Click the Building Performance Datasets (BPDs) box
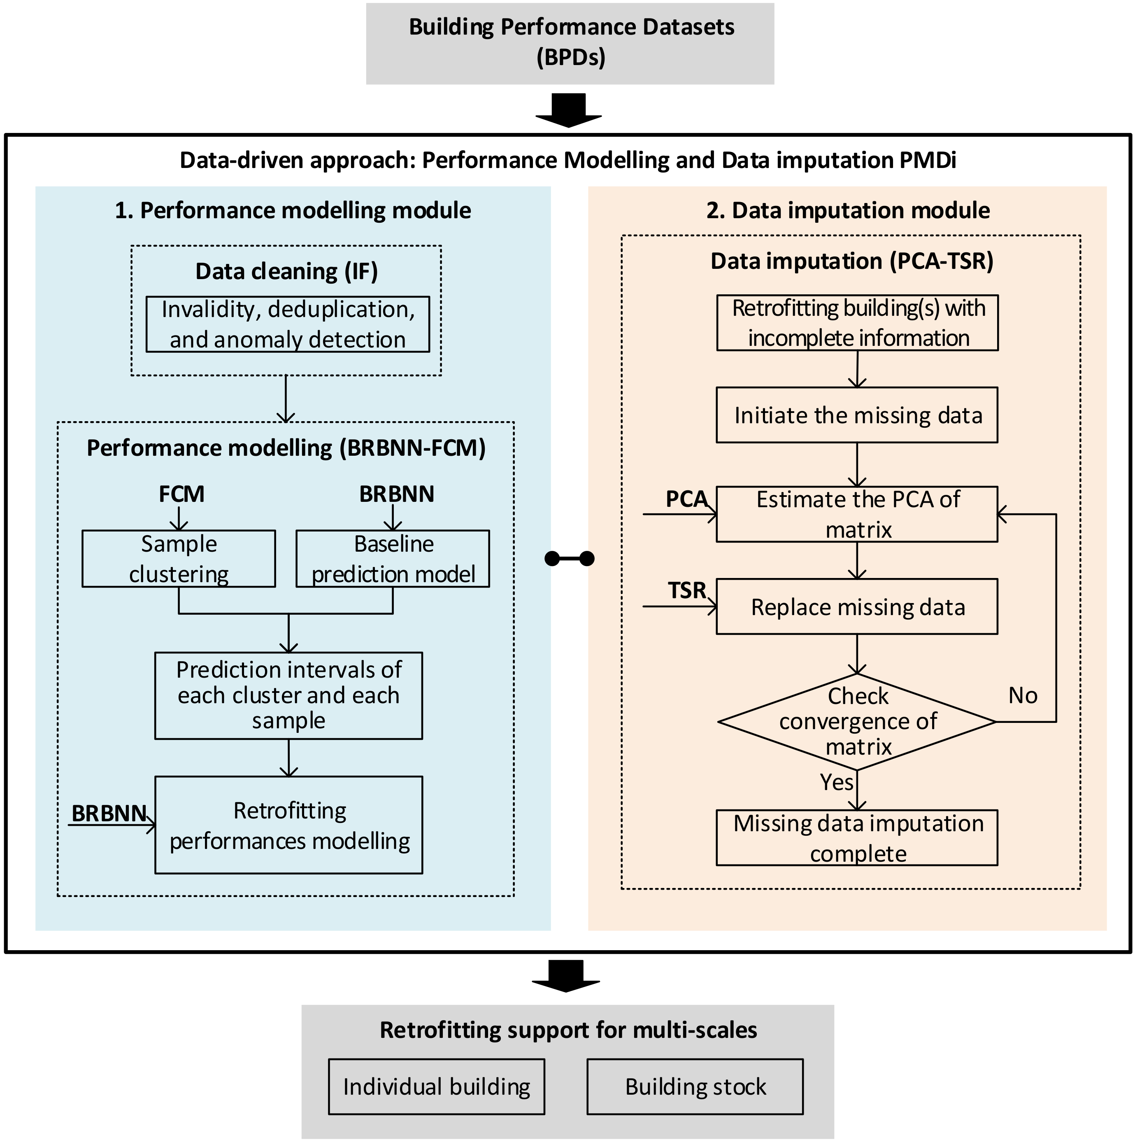[570, 43]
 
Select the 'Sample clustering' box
[179, 559]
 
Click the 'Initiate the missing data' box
[857, 415]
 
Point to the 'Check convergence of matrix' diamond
[857, 721]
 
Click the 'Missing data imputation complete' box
[857, 838]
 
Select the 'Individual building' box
[436, 1086]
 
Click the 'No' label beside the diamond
[1023, 695]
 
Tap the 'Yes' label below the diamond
[836, 782]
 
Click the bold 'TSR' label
[686, 590]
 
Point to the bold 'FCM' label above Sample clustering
[181, 494]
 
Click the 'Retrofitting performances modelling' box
[288, 825]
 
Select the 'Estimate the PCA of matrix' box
[857, 514]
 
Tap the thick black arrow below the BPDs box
[568, 110]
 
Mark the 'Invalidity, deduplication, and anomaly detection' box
[288, 324]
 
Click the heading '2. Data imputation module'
[848, 210]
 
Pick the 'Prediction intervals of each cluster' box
[288, 695]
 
